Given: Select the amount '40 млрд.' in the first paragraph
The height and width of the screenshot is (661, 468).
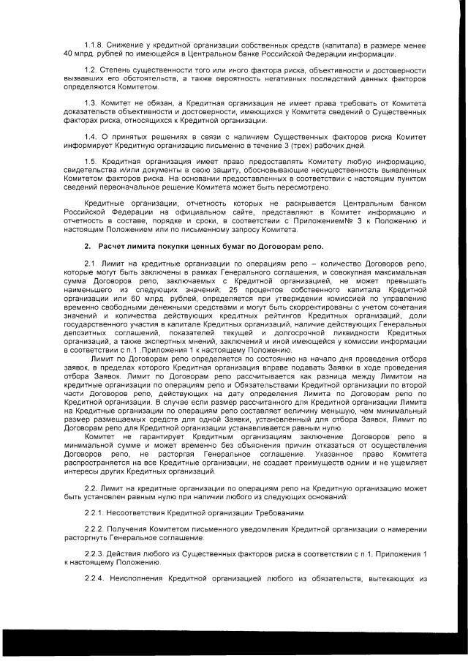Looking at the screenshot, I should coord(75,54).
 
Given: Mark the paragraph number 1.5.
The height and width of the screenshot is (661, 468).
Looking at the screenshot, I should coord(91,160).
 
